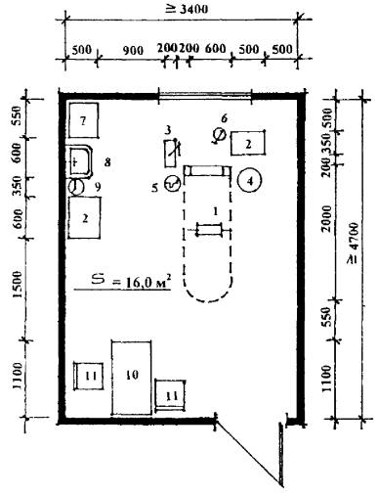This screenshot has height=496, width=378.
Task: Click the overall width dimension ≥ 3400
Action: point(187,9)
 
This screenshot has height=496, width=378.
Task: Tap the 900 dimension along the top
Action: point(133,50)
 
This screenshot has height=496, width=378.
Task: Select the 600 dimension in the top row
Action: point(215,49)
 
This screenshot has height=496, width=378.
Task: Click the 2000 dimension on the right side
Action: point(326,218)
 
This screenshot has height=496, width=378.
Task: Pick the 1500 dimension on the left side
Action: point(18,284)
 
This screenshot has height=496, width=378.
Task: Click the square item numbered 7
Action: point(83,120)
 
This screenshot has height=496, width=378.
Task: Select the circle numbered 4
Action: point(249,181)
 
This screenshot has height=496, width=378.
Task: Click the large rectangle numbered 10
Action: point(131,378)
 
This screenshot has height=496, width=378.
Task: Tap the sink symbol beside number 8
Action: point(81,161)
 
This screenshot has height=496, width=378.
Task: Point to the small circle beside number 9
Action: point(76,188)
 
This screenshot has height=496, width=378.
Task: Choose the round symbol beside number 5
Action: point(173,183)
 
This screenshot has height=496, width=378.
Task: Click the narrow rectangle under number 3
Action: point(171,154)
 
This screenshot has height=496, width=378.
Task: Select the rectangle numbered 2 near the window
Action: point(248,143)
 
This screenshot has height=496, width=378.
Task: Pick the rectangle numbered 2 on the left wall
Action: point(84,217)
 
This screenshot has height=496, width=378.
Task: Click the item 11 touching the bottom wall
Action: point(170,395)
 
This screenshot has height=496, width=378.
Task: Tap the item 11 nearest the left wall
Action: point(89,376)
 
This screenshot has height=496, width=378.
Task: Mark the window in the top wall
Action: point(204,96)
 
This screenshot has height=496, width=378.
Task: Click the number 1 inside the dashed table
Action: point(215,212)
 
